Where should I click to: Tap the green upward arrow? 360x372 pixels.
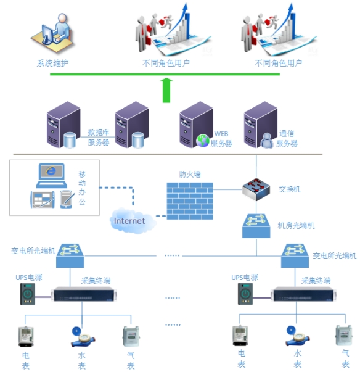coord(166,89)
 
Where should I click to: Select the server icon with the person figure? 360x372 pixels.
coord(259,126)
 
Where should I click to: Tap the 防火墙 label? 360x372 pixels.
coord(189,175)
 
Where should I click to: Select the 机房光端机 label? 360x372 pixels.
coord(296,226)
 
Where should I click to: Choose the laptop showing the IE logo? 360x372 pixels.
coord(51,176)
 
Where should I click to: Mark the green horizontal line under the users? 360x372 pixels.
coord(165,75)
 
